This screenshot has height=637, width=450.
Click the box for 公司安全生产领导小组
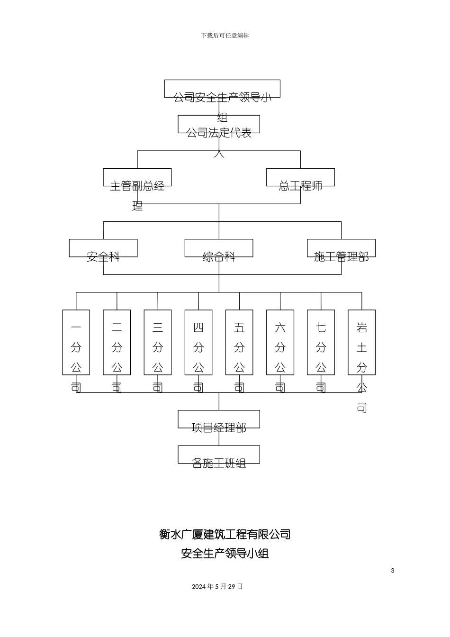coord(222,89)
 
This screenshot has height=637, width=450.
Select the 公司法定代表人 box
coord(219,124)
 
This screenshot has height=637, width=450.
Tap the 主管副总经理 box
coord(137,177)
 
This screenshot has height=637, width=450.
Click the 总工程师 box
coord(300,177)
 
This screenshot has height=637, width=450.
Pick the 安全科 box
coord(103,248)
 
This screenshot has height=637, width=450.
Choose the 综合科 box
coord(219,248)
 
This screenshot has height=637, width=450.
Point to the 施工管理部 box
coord(341,248)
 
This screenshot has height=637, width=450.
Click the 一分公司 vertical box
coord(76,342)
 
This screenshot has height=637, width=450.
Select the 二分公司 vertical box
coord(117,342)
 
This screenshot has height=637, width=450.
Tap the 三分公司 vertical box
coord(158,342)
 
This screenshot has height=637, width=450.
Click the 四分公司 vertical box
coord(198,342)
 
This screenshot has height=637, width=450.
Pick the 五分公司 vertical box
coord(239,342)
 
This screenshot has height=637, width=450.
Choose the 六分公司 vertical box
coord(280,342)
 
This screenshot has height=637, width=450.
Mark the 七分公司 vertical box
coord(321,342)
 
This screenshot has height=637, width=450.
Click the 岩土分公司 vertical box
coord(361,342)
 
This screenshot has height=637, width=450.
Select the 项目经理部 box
coord(219,419)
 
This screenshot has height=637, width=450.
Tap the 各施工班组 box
coord(219,455)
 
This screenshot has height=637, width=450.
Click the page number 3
coord(392,571)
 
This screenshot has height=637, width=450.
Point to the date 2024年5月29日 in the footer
coord(217,586)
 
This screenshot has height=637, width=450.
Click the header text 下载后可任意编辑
coord(225,36)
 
